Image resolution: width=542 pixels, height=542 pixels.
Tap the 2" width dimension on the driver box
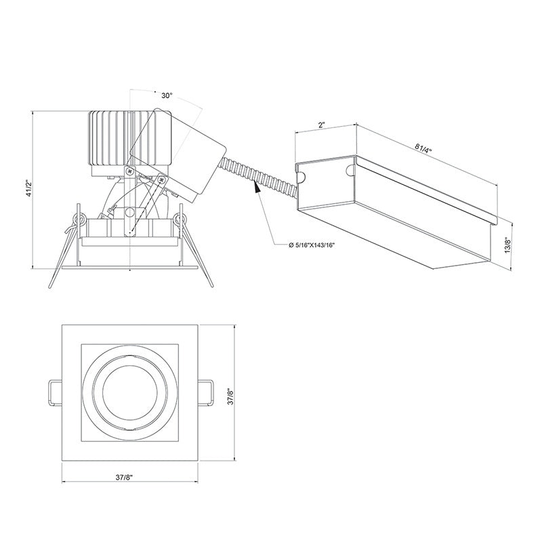(x=321, y=126)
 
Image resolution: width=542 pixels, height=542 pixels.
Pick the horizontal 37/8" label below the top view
(x=123, y=477)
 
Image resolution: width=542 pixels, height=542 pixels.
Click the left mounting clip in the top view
(x=53, y=393)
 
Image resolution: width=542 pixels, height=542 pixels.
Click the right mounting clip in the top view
(x=207, y=393)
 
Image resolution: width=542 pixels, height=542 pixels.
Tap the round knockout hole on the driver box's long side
(x=350, y=166)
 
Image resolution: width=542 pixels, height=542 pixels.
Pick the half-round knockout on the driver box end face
(x=301, y=177)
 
